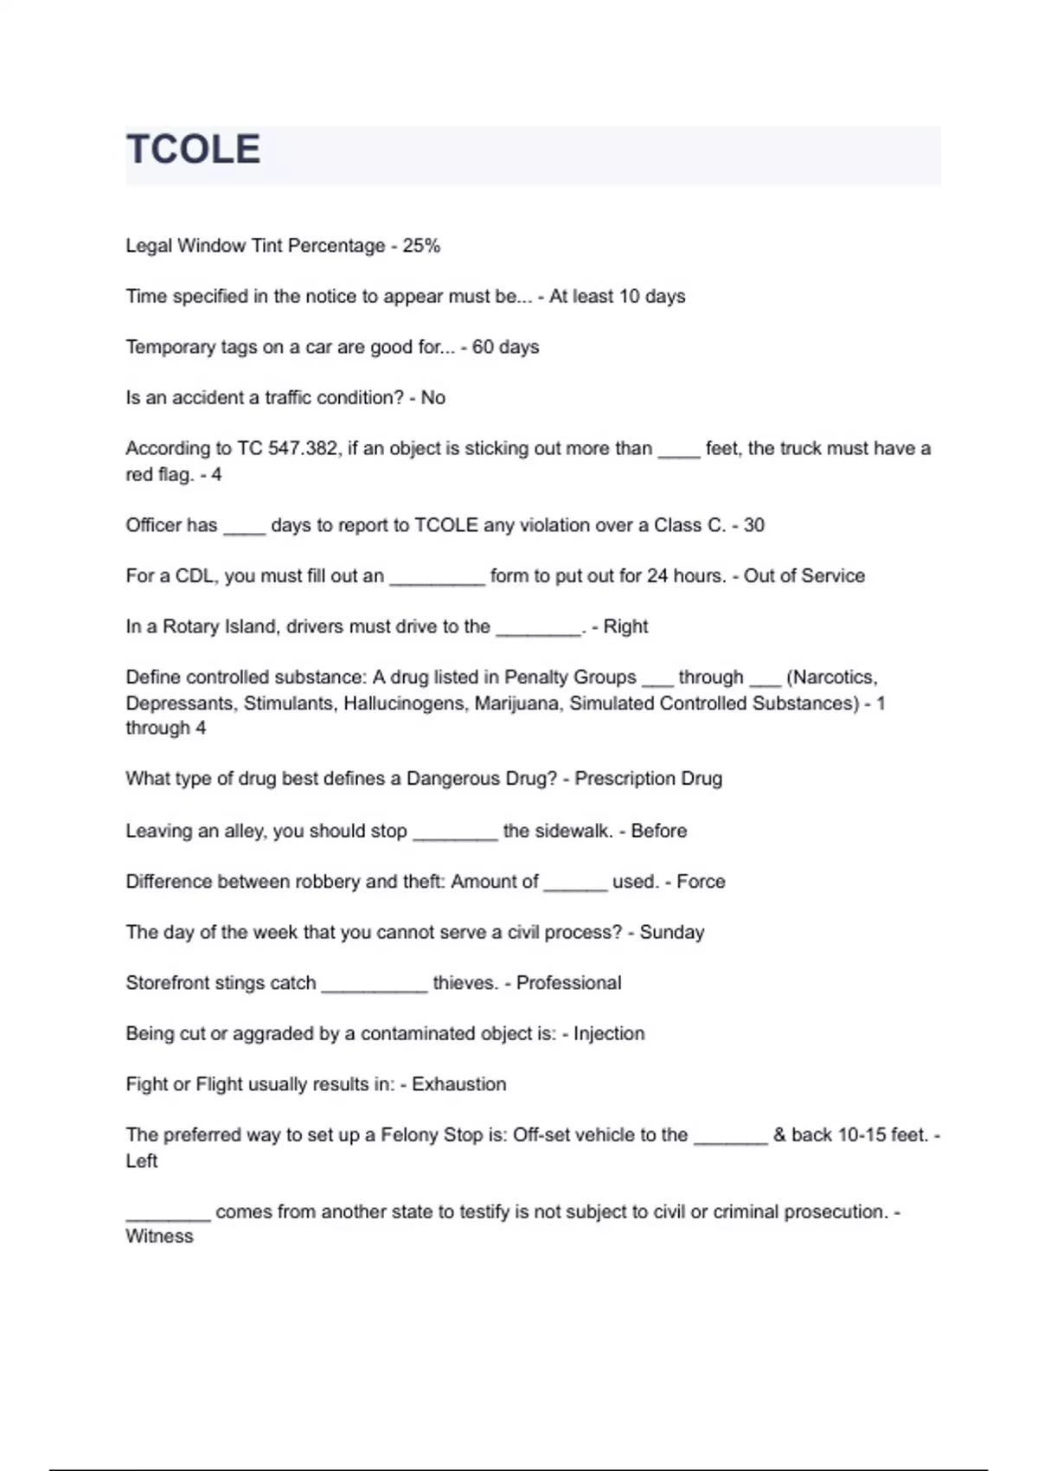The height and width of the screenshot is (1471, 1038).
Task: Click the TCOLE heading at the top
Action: (193, 150)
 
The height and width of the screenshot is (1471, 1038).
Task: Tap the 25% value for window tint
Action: (421, 246)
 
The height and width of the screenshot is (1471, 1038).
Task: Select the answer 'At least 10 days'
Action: (617, 297)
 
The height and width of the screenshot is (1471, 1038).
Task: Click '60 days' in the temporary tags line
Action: (505, 347)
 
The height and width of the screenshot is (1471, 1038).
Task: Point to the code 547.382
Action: (304, 448)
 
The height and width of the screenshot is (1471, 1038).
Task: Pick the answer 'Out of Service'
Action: (804, 576)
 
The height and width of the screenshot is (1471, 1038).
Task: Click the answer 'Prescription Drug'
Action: (648, 779)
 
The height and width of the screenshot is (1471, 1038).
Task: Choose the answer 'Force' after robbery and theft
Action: (701, 882)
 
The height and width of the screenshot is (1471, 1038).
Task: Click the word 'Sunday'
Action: (671, 932)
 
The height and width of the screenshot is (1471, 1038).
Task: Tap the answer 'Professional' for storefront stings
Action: (568, 983)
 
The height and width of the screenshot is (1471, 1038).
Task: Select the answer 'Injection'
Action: (609, 1033)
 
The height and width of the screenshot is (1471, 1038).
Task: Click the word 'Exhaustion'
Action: (458, 1084)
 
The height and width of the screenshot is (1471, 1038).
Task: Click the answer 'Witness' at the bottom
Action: (159, 1237)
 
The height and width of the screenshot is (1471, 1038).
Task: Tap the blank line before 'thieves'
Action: (375, 987)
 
